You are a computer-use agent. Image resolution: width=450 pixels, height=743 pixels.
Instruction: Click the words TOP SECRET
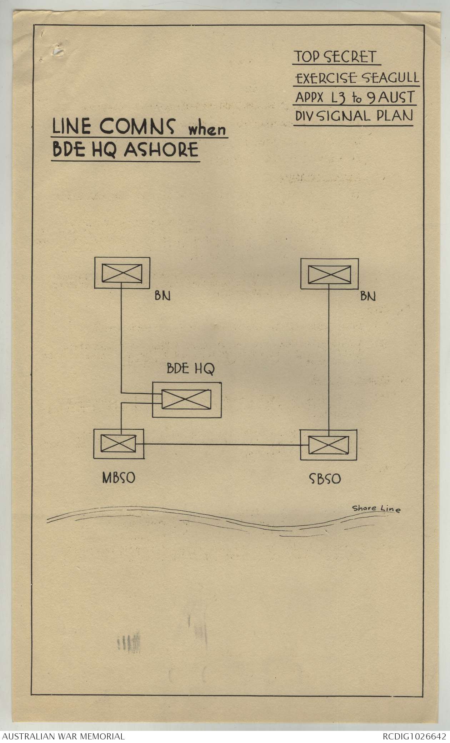coord(335,57)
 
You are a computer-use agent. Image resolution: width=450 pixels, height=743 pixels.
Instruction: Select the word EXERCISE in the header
coord(326,78)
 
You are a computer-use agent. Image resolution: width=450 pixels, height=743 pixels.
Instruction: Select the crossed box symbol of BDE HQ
coord(186,399)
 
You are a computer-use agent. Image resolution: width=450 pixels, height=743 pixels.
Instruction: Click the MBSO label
coord(118,478)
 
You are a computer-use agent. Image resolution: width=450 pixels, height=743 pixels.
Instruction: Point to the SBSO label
coord(324,479)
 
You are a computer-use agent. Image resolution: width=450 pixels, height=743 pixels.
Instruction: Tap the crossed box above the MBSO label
coord(119,444)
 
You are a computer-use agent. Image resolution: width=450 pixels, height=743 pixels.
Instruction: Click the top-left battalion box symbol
coord(122,273)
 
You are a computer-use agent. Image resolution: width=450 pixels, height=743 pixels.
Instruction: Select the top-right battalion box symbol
coord(329,274)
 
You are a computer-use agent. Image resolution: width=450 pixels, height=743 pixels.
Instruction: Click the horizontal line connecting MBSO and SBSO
coord(221,445)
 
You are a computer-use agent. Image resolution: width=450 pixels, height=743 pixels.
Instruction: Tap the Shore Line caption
coord(376,509)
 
